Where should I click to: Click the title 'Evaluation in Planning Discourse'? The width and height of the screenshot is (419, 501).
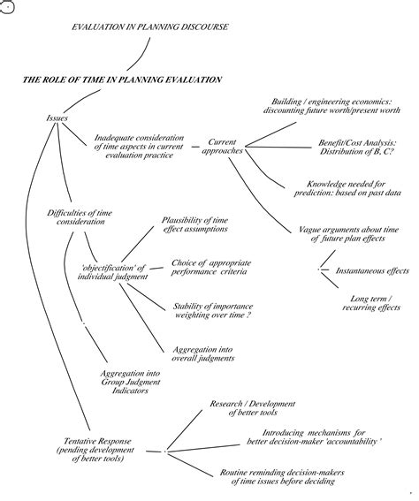(x=150, y=27)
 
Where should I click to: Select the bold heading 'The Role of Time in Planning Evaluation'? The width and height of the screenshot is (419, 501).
(x=122, y=80)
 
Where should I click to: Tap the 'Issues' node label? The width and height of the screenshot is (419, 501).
(x=57, y=118)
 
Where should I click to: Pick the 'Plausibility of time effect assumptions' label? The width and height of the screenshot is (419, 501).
(x=194, y=224)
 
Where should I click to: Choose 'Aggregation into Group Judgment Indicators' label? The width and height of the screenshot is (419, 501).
(x=126, y=387)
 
